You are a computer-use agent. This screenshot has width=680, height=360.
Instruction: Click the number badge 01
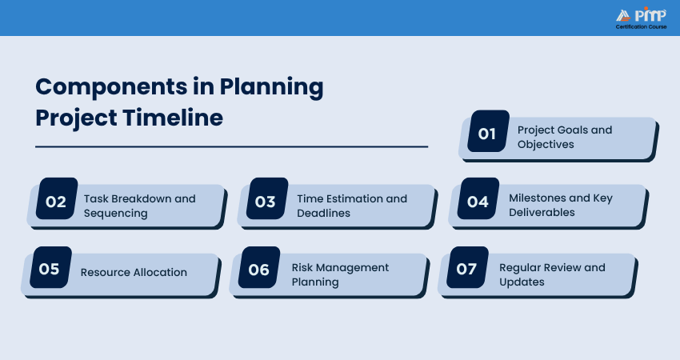(488, 131)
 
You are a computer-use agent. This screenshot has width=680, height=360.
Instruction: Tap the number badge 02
(57, 198)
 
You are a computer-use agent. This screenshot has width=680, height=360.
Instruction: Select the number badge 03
(267, 198)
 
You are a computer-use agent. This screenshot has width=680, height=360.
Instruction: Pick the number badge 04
(478, 198)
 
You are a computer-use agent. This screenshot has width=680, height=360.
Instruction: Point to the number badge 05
(50, 267)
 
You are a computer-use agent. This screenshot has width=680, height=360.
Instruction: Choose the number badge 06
(259, 267)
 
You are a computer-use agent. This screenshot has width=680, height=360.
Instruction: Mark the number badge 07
(468, 267)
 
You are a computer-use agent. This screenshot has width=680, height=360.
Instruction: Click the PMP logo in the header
(642, 14)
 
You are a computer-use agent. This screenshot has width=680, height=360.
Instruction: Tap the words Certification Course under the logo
(642, 27)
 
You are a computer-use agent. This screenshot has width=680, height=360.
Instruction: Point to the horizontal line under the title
(231, 147)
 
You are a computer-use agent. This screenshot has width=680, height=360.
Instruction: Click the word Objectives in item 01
(546, 145)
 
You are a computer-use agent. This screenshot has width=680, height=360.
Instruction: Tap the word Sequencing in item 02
(116, 214)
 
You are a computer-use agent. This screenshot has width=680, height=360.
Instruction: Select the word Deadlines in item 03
(323, 213)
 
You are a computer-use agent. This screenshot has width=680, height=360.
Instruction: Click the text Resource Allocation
(134, 272)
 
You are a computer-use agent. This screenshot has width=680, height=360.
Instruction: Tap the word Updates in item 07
(522, 282)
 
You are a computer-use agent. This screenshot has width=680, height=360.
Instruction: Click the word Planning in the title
(271, 86)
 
